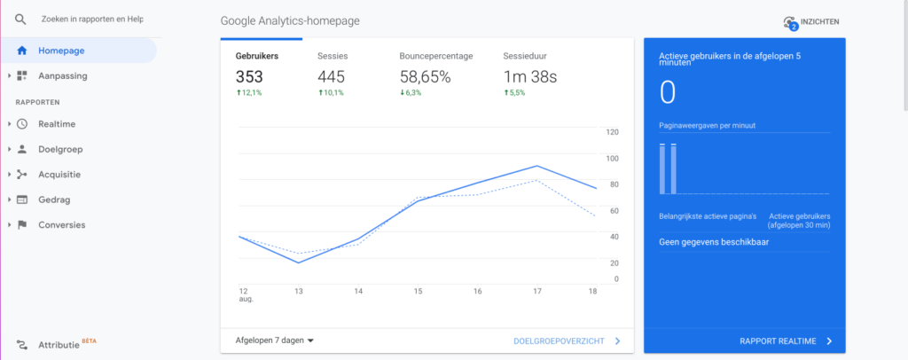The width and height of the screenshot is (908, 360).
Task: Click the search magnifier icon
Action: [x=20, y=19]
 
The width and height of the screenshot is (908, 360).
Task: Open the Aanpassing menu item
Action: [x=62, y=76]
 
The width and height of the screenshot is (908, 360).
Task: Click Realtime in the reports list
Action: [x=56, y=124]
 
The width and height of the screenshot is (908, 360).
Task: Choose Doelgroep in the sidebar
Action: [x=59, y=149]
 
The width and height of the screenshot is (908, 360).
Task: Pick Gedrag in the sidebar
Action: [x=54, y=200]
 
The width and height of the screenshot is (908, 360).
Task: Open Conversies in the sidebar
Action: [x=61, y=224]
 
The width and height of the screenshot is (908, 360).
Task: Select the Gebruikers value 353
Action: [x=251, y=77]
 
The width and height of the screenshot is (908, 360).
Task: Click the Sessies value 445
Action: [x=331, y=77]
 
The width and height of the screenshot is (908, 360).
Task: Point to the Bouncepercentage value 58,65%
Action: [x=425, y=77]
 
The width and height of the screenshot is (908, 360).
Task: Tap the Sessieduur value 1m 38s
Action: [x=531, y=77]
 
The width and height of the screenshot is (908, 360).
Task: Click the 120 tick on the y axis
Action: [x=611, y=132]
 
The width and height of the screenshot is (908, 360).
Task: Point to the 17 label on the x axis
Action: [x=537, y=291]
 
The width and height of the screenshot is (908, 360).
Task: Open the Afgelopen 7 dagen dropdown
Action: [x=275, y=340]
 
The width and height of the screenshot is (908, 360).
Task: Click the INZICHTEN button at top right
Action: [x=810, y=22]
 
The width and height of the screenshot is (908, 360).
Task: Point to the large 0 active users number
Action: [x=668, y=92]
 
